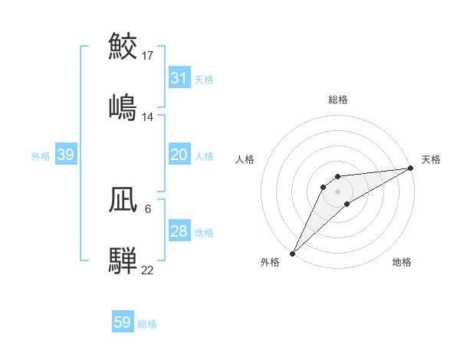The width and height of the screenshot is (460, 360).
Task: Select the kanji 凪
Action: point(124,201)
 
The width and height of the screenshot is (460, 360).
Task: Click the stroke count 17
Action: point(148,56)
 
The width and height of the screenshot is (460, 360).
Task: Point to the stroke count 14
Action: point(148,117)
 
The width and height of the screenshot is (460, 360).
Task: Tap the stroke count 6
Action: point(148,208)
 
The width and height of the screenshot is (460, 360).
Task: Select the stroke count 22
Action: point(148,269)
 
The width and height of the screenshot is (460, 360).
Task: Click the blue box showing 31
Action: point(179,78)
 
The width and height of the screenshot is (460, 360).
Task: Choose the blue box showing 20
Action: point(179,155)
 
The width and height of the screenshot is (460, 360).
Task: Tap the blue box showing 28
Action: point(179,231)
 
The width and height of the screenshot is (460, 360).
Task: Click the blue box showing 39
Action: point(66,155)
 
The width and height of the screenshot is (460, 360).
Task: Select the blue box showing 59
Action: point(123,322)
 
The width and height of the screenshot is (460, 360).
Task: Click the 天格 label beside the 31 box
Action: point(204,79)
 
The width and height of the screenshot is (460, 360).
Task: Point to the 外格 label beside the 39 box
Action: point(41,155)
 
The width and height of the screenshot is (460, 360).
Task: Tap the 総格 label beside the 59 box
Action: point(147,324)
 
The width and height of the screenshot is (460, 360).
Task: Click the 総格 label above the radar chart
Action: point(338,100)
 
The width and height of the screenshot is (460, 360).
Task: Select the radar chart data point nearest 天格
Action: point(411,168)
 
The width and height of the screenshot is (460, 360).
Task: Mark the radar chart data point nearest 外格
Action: point(292,253)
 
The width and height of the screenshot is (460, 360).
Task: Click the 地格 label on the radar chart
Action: point(402,262)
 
